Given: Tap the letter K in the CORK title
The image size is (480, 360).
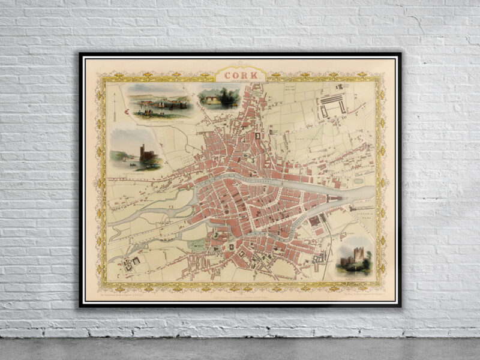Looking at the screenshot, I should click(255, 74).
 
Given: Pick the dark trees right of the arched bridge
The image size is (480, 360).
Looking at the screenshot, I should click(227, 97).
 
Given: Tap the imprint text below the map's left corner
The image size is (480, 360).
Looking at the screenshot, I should click(127, 294).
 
